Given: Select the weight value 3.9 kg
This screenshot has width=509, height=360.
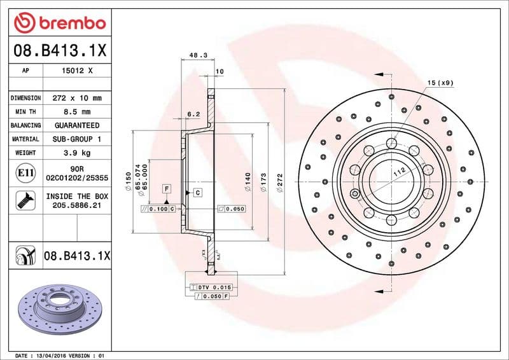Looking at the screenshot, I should tap(77, 153).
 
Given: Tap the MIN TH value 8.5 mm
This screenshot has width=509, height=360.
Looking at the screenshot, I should tap(77, 112).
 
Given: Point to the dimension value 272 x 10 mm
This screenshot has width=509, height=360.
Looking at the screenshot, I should tap(77, 98).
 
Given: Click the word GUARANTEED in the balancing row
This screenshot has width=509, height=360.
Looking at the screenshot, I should tap(77, 125).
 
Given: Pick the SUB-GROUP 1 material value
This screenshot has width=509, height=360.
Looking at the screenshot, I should tap(77, 139).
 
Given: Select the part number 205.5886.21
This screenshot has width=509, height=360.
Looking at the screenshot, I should tap(77, 206).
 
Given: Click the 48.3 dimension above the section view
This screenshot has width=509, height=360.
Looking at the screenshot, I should tap(199, 56).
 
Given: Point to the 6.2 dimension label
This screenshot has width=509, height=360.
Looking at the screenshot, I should tap(193, 114).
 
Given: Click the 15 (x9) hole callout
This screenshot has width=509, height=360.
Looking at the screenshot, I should tap(440, 83).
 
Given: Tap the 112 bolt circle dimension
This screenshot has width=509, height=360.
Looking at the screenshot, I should tap(398, 170).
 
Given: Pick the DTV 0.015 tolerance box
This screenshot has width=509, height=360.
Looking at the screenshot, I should tap(213, 288).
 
